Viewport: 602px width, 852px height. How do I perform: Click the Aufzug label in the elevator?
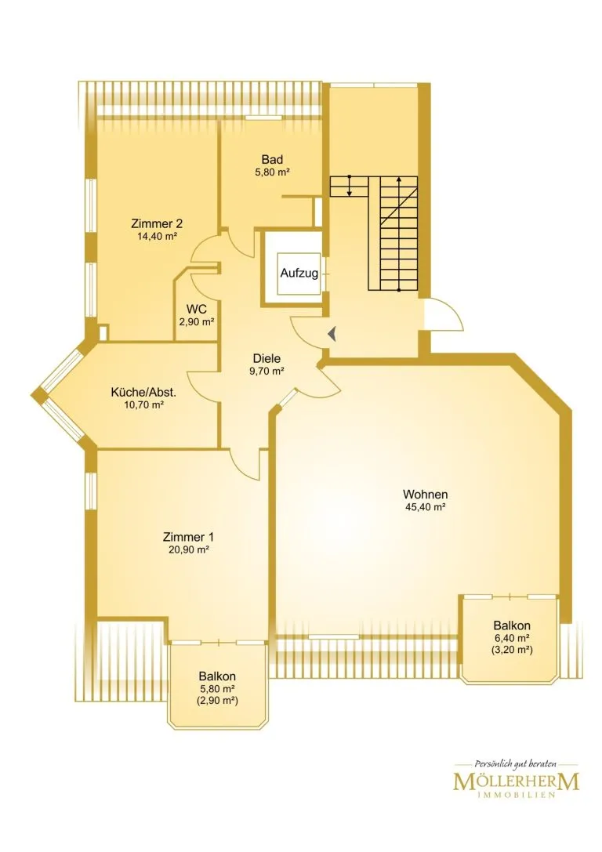tap(299, 273)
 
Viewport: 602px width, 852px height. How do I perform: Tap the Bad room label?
tap(272, 159)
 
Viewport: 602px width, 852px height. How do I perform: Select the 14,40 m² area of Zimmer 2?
tap(158, 237)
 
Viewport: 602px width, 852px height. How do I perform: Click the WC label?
tap(196, 309)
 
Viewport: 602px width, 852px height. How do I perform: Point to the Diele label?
tap(267, 359)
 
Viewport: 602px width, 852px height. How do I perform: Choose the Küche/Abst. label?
tap(143, 393)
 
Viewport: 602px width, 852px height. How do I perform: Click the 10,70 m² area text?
tap(144, 405)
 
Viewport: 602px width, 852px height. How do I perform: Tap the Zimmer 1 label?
tap(188, 537)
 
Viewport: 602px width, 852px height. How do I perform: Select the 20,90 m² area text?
tap(189, 550)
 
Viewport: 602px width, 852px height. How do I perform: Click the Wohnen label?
tap(426, 495)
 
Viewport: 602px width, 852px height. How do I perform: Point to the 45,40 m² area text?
tap(426, 507)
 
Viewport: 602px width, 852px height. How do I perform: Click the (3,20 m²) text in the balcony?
tap(512, 649)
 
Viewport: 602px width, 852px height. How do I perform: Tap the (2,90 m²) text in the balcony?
tap(217, 701)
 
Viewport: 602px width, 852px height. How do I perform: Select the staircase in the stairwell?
tap(374, 234)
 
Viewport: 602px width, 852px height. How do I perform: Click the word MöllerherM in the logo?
tap(516, 782)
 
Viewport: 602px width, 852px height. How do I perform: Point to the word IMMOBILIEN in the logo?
tap(516, 796)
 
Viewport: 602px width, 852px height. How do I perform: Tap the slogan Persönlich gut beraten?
tap(515, 764)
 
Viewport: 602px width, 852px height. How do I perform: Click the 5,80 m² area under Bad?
tap(272, 172)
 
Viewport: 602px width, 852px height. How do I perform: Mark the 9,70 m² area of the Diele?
tap(267, 372)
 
